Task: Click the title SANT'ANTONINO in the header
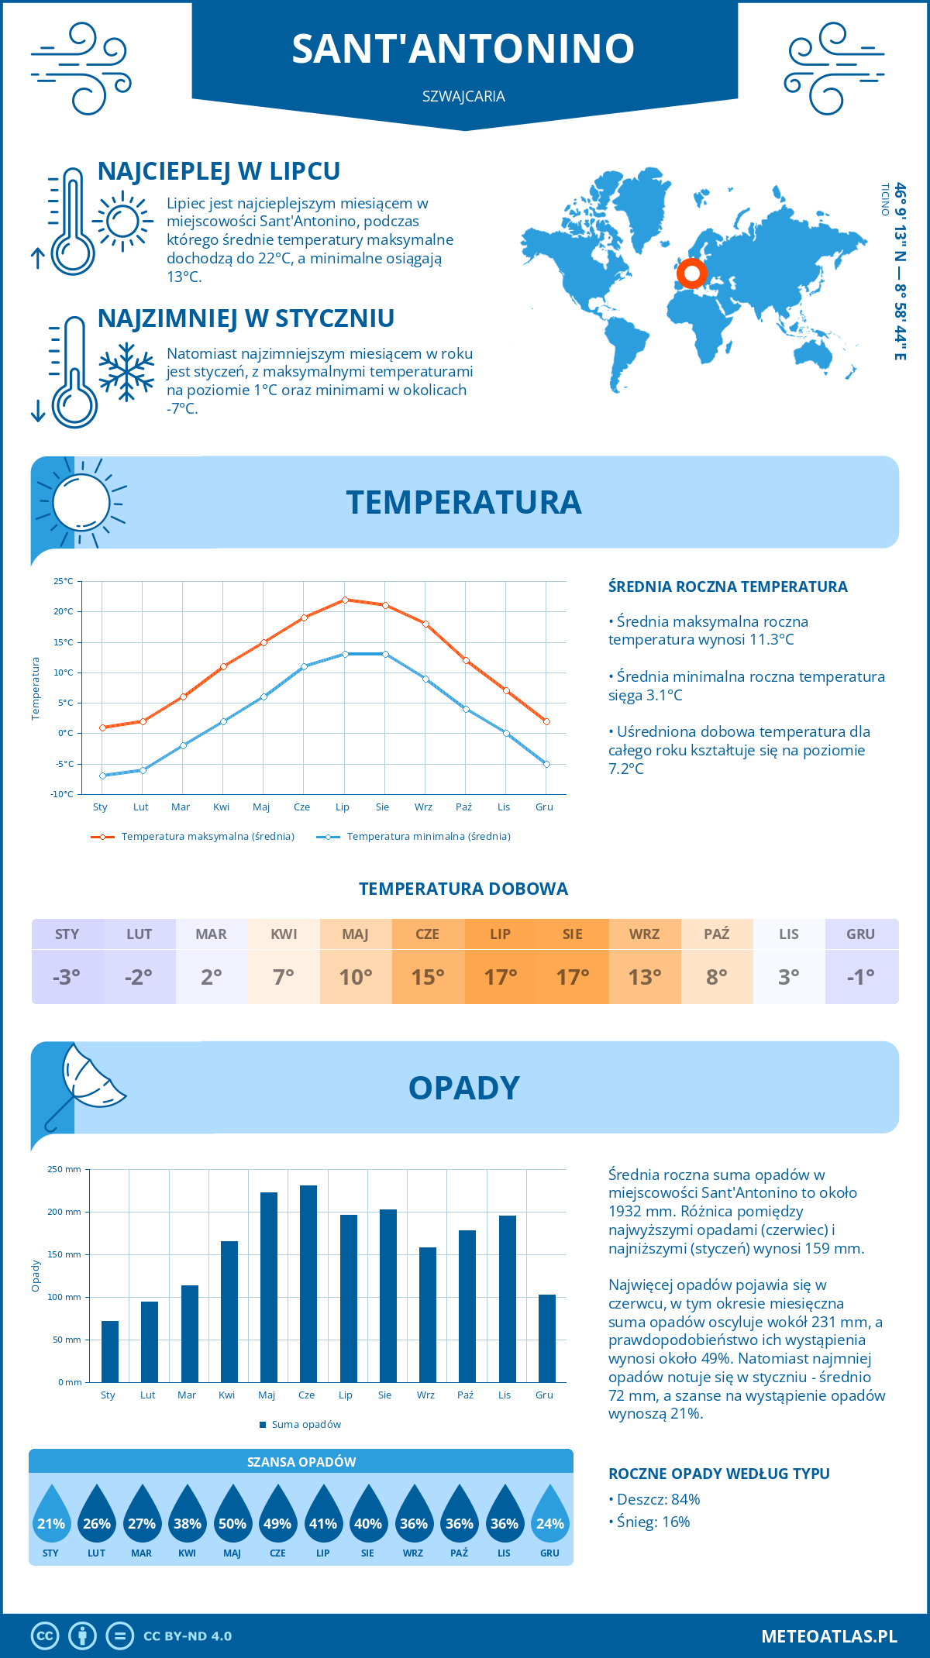click(463, 48)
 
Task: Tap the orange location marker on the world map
click(691, 273)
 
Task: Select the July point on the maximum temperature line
click(345, 600)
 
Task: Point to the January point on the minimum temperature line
click(102, 776)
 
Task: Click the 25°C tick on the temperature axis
click(64, 581)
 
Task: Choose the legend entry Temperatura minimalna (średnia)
click(428, 837)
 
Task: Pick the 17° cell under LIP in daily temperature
click(500, 977)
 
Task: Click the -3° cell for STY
click(67, 977)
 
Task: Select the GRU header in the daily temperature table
click(860, 934)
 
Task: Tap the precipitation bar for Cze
click(308, 1284)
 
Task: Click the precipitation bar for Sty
click(110, 1351)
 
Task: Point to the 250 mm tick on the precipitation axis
click(64, 1169)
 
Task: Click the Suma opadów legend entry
click(306, 1425)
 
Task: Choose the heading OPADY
click(463, 1088)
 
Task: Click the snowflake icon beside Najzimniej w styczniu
click(126, 372)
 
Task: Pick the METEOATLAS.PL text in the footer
click(828, 1636)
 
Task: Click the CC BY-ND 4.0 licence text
click(188, 1636)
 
